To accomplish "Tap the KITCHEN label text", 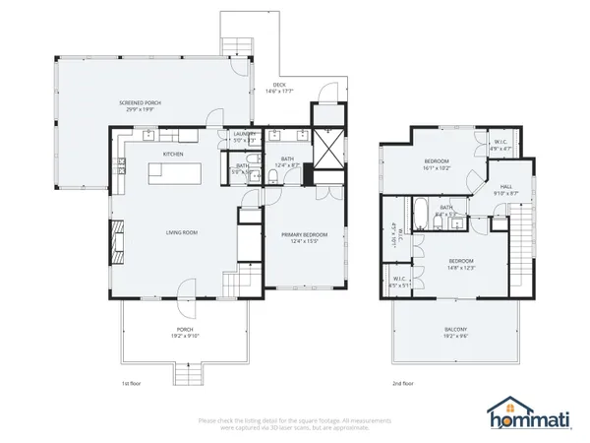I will click(173, 155).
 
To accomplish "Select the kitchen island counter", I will click(174, 173).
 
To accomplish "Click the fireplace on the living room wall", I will click(116, 237).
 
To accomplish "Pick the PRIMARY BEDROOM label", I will click(303, 234).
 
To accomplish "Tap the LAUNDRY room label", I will click(245, 134).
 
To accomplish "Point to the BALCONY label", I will click(454, 329).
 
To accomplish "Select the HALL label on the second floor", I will click(505, 186).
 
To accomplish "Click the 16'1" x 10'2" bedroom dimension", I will click(437, 168).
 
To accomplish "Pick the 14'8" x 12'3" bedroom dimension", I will click(461, 268).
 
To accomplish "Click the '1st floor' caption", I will click(131, 383).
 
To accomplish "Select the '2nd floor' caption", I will click(402, 383).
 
